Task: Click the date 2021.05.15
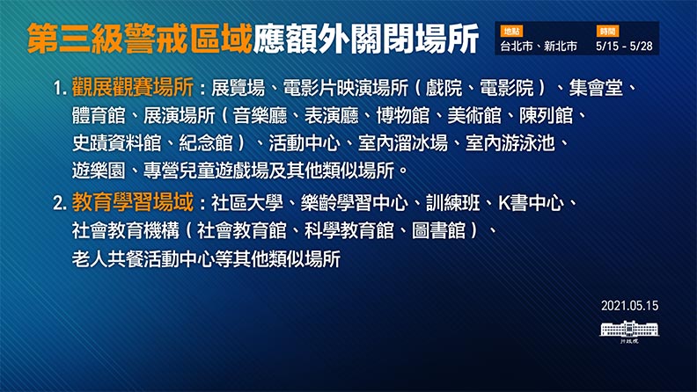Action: [630, 306]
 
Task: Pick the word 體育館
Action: [98, 115]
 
